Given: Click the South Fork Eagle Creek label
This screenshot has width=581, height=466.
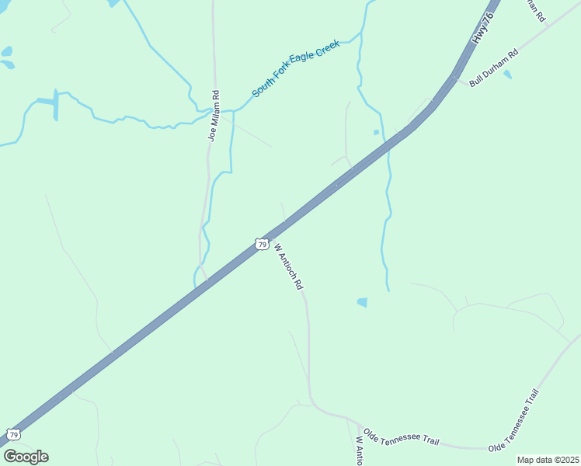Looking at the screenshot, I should (x=295, y=74).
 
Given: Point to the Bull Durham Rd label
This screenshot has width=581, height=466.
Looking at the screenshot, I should (x=493, y=69).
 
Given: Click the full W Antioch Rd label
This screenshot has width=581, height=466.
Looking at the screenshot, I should (x=288, y=266).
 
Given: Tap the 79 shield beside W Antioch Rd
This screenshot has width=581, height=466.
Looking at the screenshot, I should (x=262, y=244).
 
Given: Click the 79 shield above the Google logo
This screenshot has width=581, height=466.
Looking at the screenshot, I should (x=12, y=434).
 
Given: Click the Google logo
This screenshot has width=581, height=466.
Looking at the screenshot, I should (x=26, y=457).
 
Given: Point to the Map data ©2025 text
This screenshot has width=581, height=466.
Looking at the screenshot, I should (x=548, y=460).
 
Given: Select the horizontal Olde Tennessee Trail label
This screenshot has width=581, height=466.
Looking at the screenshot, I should (x=401, y=437).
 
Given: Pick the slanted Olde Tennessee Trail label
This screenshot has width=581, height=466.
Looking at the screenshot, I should (x=513, y=420).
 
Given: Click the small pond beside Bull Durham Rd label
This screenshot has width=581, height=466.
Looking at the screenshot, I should (x=507, y=75).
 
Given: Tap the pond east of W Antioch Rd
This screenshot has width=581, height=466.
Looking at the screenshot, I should (x=362, y=302).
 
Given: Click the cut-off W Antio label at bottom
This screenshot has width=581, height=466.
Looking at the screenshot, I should (x=359, y=450).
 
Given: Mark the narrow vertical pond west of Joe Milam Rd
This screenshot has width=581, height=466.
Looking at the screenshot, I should (x=55, y=105).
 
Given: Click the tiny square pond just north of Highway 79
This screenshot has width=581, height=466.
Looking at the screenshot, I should (x=376, y=132).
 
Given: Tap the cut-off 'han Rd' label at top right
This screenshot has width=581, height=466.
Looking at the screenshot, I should (x=537, y=11).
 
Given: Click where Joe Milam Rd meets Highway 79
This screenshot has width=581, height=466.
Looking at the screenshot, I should (x=207, y=279).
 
